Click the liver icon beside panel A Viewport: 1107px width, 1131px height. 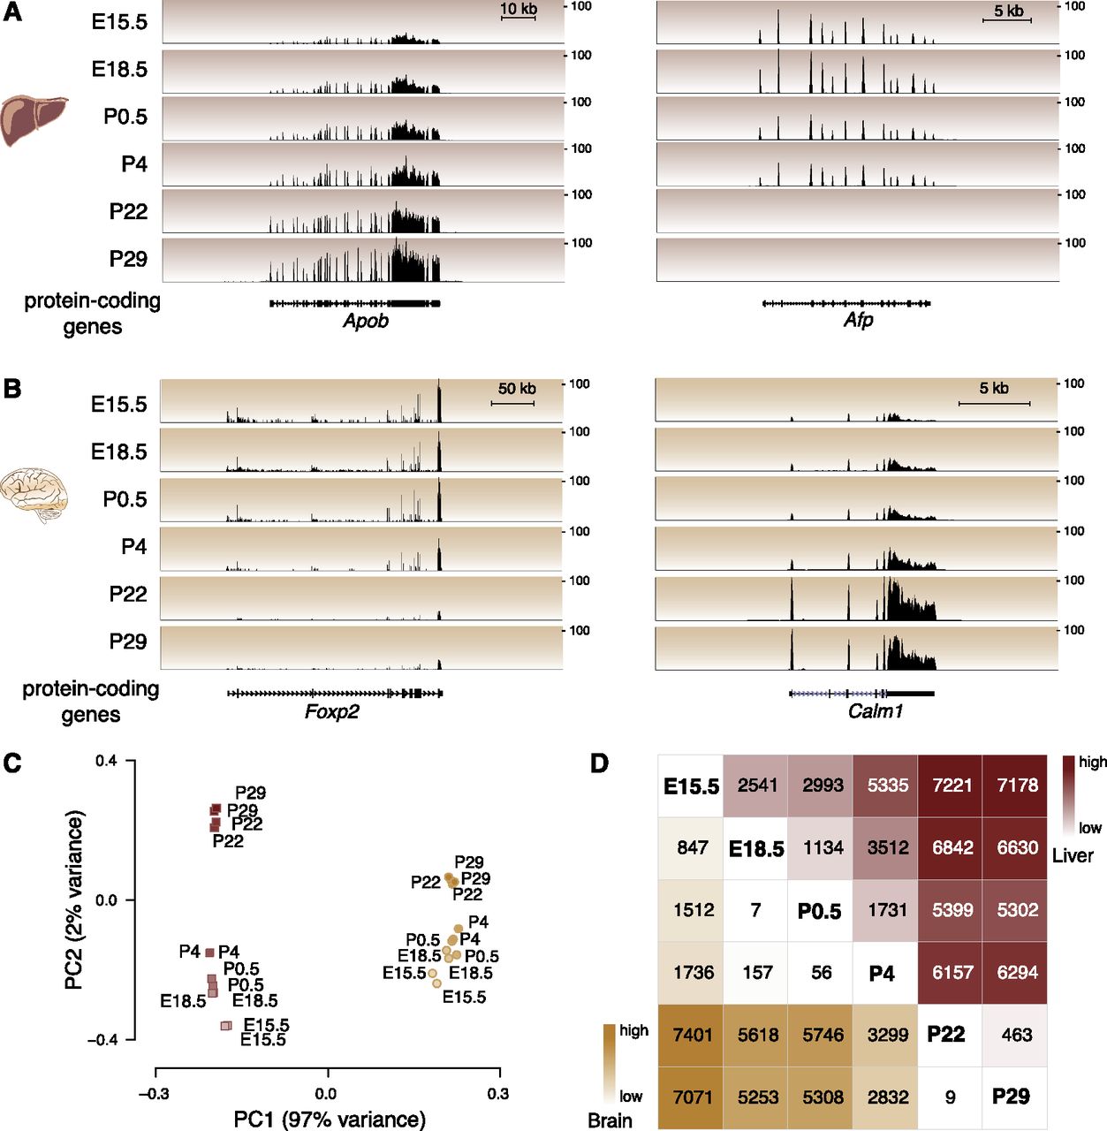[34, 119]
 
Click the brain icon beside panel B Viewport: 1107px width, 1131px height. [34, 495]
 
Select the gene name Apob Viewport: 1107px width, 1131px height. [366, 321]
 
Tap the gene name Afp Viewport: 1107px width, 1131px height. [858, 320]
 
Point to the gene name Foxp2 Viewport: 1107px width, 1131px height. [332, 711]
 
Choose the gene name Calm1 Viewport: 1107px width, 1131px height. [876, 710]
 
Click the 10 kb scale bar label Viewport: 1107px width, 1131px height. [519, 10]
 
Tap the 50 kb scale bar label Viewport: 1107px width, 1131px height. [517, 389]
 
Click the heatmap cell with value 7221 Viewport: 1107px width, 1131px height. [952, 786]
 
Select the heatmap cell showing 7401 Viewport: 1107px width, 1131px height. [692, 1035]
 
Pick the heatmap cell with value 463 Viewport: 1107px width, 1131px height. [1017, 1035]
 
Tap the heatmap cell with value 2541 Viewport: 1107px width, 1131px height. [757, 786]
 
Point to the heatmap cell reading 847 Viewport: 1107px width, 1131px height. [692, 848]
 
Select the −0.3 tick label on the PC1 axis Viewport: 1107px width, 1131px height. [155, 1094]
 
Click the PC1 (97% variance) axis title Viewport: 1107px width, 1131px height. [330, 1120]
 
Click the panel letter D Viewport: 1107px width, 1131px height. [600, 763]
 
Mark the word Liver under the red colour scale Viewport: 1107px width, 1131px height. [1072, 855]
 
